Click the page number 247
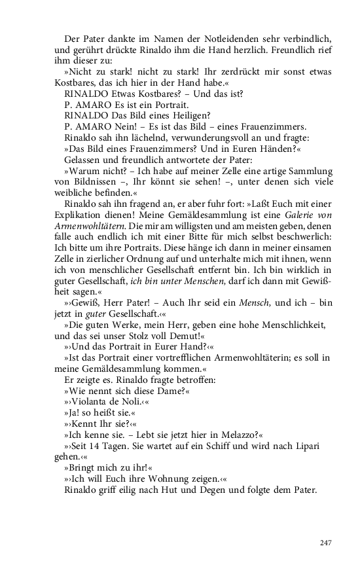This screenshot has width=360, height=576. click(x=326, y=543)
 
